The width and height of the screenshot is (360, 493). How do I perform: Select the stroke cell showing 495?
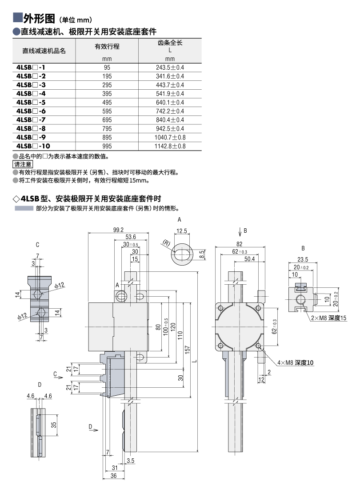[107, 103]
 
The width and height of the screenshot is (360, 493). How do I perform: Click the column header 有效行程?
[107, 46]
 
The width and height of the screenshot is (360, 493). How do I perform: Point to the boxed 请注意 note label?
[23, 164]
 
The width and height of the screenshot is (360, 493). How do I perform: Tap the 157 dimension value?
[188, 350]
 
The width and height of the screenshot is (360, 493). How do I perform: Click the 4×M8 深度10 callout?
[296, 363]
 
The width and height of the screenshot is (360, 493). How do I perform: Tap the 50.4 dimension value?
[249, 259]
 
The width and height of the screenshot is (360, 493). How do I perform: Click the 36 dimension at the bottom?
[113, 476]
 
